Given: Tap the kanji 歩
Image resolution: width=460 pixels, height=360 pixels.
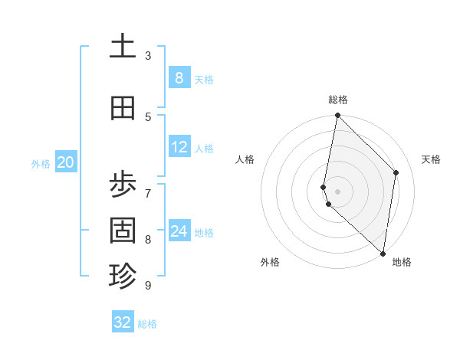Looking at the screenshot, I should [x=123, y=184].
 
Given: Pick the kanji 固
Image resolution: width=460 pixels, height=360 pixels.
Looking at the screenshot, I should [x=123, y=230].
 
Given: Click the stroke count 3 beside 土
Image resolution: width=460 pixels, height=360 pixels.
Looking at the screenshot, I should [x=148, y=56].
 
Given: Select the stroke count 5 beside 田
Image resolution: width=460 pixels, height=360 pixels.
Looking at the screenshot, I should [x=148, y=116].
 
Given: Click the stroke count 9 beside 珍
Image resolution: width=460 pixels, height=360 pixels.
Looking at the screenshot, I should [x=148, y=285].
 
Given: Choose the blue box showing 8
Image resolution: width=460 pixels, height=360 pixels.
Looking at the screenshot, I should [x=179, y=77].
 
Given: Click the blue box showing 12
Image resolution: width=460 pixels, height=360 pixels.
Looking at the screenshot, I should [x=179, y=147].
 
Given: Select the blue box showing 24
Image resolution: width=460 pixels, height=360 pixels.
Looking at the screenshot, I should [x=179, y=231].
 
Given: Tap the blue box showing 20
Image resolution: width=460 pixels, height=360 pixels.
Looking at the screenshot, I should [x=65, y=162].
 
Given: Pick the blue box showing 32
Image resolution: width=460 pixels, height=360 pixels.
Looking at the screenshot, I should [x=123, y=322].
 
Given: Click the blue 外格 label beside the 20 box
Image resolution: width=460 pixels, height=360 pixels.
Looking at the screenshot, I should [x=41, y=163].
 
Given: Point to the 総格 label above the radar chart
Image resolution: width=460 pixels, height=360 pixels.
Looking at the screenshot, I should [x=338, y=100].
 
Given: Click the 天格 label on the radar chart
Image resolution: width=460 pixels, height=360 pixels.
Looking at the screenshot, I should [x=432, y=159].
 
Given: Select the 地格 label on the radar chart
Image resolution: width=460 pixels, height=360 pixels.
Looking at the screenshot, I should [x=402, y=262].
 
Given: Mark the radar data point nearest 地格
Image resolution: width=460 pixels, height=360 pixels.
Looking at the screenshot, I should [x=383, y=253].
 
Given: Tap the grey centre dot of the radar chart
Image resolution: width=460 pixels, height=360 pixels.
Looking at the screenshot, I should [x=337, y=191].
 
